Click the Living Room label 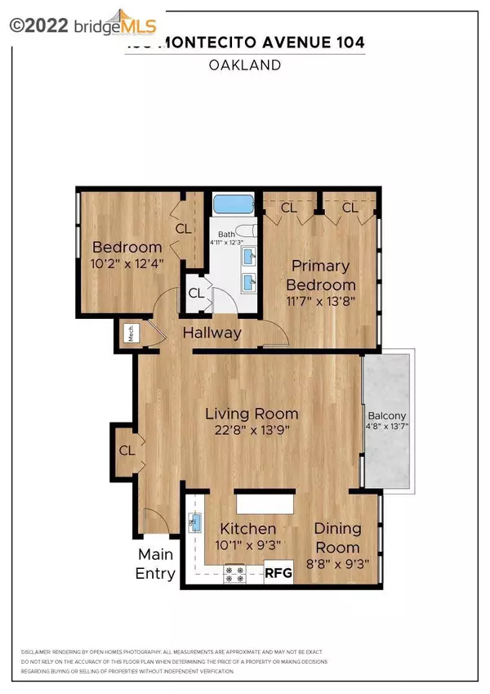[x=251, y=413]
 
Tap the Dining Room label [x=337, y=538]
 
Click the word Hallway [x=212, y=333]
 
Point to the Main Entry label [x=155, y=564]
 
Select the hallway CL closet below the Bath [x=196, y=293]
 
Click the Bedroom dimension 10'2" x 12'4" [x=127, y=266]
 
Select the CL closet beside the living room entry [x=127, y=450]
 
